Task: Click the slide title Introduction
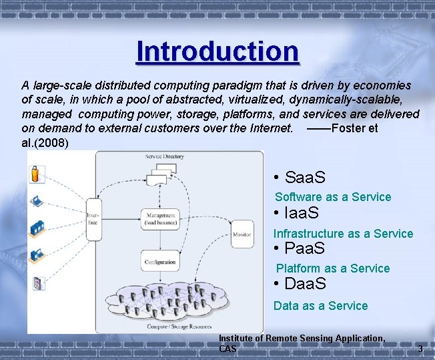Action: pyautogui.click(x=217, y=51)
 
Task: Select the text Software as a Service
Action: pyautogui.click(x=333, y=197)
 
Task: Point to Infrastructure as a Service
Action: pyautogui.click(x=343, y=234)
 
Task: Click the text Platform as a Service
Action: pyautogui.click(x=332, y=268)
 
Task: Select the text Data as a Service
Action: pyautogui.click(x=320, y=306)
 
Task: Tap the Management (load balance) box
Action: pyautogui.click(x=160, y=219)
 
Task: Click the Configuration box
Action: pyautogui.click(x=160, y=262)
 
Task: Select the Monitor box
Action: pyautogui.click(x=242, y=233)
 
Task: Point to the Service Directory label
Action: pyautogui.click(x=164, y=157)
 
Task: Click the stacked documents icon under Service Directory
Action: pyautogui.click(x=160, y=175)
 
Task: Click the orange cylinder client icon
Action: pyautogui.click(x=35, y=175)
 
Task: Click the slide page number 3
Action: pyautogui.click(x=420, y=349)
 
